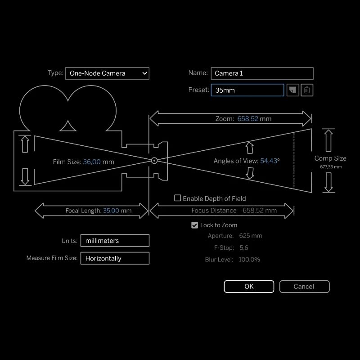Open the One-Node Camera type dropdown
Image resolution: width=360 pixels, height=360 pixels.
pyautogui.click(x=107, y=73)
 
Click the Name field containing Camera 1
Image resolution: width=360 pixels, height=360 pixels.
pyautogui.click(x=262, y=73)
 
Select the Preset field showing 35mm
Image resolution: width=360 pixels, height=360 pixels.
pyautogui.click(x=247, y=90)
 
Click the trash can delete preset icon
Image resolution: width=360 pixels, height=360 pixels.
pyautogui.click(x=307, y=90)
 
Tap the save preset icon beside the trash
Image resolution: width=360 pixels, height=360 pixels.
pyautogui.click(x=292, y=90)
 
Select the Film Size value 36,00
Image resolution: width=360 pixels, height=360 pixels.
pyautogui.click(x=92, y=162)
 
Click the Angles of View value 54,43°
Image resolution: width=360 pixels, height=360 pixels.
pyautogui.click(x=270, y=161)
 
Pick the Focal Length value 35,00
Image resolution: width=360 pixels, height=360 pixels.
pyautogui.click(x=111, y=210)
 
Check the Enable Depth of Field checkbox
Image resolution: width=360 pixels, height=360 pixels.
pyautogui.click(x=178, y=198)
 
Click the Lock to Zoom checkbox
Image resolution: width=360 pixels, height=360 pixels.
pyautogui.click(x=194, y=225)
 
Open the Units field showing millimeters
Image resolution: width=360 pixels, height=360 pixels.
pyautogui.click(x=115, y=241)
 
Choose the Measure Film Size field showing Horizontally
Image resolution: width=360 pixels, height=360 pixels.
pyautogui.click(x=115, y=258)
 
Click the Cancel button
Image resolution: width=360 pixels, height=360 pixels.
pyautogui.click(x=304, y=287)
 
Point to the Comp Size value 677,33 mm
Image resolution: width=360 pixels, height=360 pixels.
pyautogui.click(x=330, y=167)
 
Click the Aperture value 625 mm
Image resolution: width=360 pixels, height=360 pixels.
pyautogui.click(x=251, y=236)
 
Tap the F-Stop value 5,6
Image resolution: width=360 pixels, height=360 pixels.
pyautogui.click(x=244, y=247)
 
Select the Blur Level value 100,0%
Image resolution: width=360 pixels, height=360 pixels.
pyautogui.click(x=249, y=259)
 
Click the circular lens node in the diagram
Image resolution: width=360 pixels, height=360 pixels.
pyautogui.click(x=154, y=160)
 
